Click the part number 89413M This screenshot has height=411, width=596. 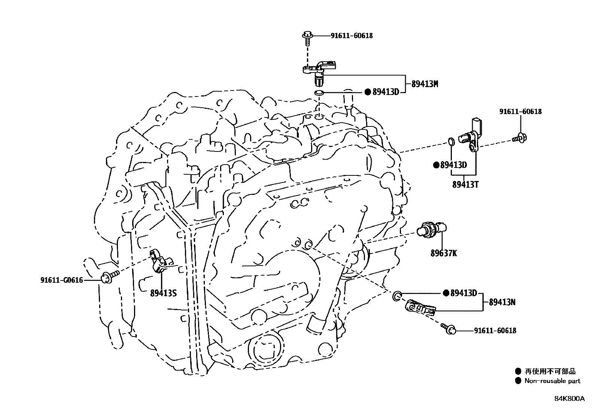pos(425,84)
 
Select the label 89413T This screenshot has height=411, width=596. pos(465,184)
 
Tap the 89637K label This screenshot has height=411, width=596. pos(443,253)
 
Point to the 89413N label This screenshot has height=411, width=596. pos(502,302)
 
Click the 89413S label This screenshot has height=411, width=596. pos(163,293)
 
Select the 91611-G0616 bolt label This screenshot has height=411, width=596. pos(61,280)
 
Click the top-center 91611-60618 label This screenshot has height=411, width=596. pos(351,36)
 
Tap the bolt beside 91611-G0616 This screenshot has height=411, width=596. pos(109,277)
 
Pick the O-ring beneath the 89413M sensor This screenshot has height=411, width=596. pos(319,92)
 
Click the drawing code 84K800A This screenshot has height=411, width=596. pos(569,399)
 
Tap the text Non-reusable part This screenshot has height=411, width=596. pos(552,381)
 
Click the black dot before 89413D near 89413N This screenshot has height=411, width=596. pos(446,293)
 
